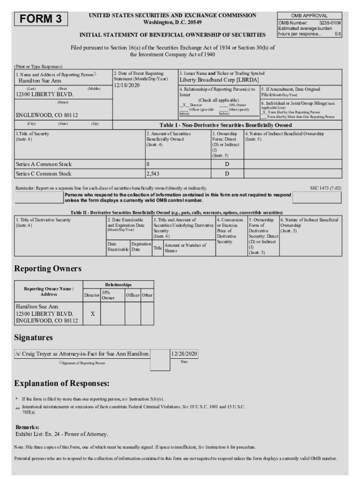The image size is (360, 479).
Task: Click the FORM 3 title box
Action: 41,19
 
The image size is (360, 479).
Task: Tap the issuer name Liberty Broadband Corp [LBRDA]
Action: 219,80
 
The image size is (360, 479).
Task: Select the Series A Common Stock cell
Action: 43,164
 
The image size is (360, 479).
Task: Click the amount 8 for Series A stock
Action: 148,164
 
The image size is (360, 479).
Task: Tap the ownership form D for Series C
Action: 227,174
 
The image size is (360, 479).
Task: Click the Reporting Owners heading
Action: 48,269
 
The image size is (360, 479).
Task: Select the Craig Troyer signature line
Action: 82,354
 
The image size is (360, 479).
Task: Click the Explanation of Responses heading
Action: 62,384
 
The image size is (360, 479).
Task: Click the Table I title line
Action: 226,125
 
